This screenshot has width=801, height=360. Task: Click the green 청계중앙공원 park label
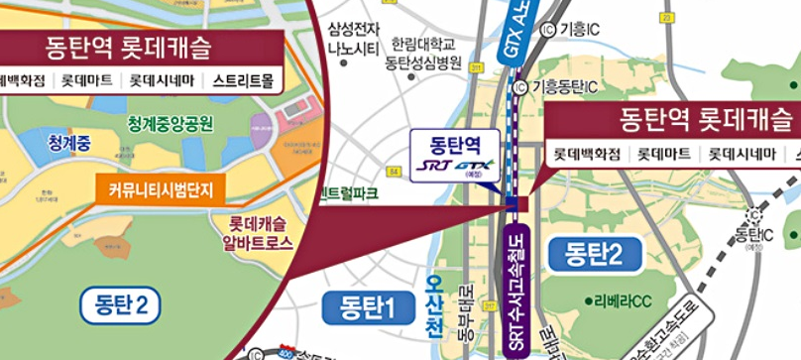click(170, 124)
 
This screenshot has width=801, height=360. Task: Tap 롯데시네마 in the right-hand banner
click(732, 154)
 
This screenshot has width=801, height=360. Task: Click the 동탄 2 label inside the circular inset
click(121, 303)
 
